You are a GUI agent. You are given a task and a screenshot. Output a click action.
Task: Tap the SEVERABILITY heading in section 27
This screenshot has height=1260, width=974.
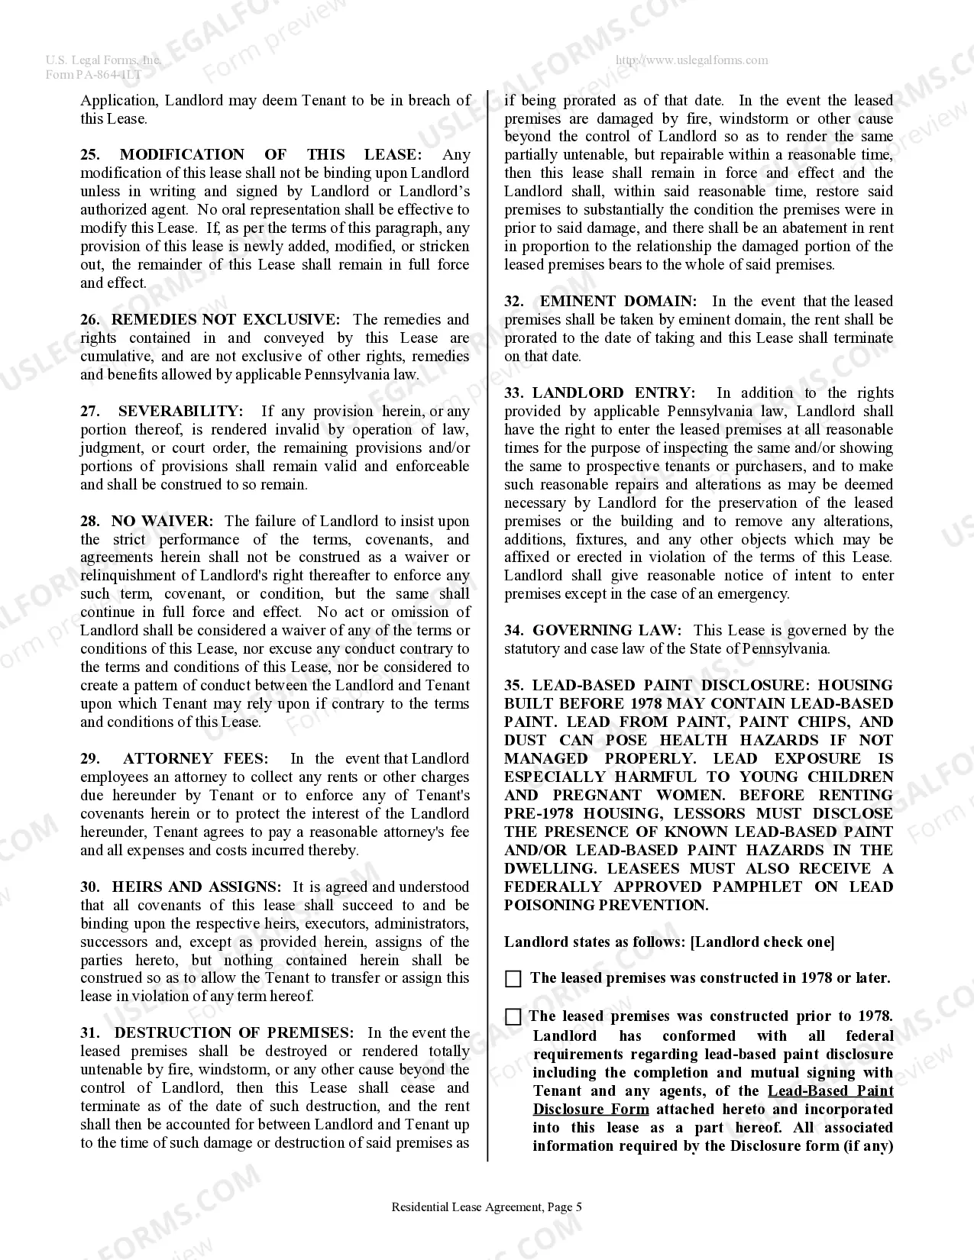(x=180, y=412)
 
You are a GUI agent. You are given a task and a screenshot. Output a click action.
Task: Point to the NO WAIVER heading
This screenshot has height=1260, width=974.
(x=162, y=522)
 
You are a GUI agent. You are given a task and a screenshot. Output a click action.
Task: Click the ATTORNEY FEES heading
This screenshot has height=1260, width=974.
(x=196, y=759)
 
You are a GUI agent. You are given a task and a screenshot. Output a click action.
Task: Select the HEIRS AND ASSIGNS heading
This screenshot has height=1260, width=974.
(x=196, y=887)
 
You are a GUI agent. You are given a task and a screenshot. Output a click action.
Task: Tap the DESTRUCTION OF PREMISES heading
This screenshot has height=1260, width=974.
(x=234, y=1033)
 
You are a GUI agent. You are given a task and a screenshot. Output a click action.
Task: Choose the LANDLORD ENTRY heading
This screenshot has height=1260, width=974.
(x=613, y=393)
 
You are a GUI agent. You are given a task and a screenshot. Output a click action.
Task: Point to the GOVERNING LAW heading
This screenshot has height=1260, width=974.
(x=606, y=631)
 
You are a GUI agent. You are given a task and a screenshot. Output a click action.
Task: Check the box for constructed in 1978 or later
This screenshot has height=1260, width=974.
(x=513, y=979)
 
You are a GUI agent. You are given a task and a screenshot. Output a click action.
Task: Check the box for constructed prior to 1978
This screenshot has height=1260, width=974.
(x=513, y=1017)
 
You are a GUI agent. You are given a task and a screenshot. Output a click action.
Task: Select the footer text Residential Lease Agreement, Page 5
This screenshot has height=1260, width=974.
(x=487, y=1207)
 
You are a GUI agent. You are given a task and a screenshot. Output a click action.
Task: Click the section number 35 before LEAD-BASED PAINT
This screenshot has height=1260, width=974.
(x=513, y=686)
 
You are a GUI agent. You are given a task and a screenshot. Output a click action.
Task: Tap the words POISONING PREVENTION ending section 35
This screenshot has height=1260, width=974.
(x=606, y=906)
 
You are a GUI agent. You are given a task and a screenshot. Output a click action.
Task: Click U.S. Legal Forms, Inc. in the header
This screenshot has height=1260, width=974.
(x=102, y=60)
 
